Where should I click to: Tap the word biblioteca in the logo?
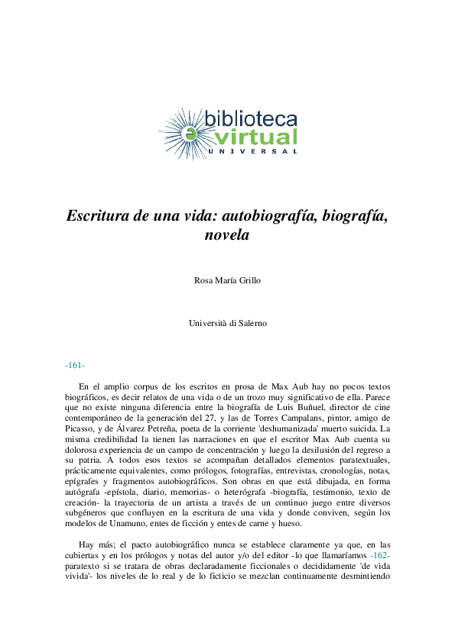(251, 118)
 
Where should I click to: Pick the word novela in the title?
(227, 235)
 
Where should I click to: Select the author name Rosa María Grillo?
(228, 280)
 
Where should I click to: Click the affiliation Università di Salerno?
(228, 323)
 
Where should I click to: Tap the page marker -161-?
(75, 366)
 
